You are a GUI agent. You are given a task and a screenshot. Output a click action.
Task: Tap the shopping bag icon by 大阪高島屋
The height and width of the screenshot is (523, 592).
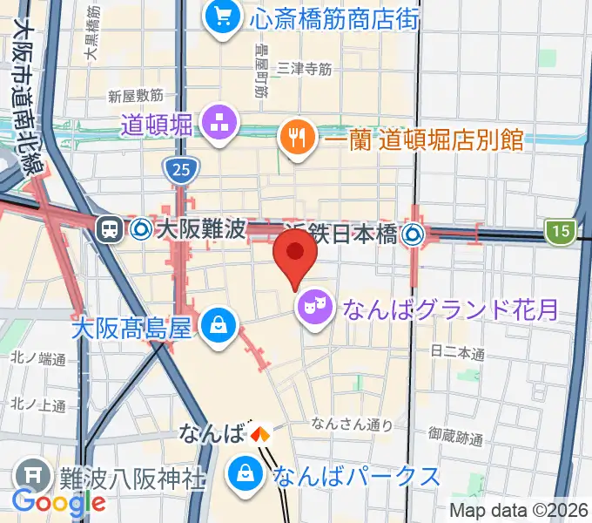coord(214,327)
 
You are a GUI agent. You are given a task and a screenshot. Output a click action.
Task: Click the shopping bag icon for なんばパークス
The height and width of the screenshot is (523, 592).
coord(246,476)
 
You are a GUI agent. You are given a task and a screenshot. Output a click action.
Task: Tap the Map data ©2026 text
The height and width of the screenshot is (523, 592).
coord(520,510)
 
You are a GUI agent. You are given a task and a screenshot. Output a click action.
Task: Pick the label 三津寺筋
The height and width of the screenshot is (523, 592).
coord(304,67)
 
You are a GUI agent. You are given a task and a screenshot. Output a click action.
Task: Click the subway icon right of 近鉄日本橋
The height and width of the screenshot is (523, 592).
coord(414,233)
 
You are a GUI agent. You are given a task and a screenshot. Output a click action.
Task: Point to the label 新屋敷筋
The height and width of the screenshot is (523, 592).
coord(135,94)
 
